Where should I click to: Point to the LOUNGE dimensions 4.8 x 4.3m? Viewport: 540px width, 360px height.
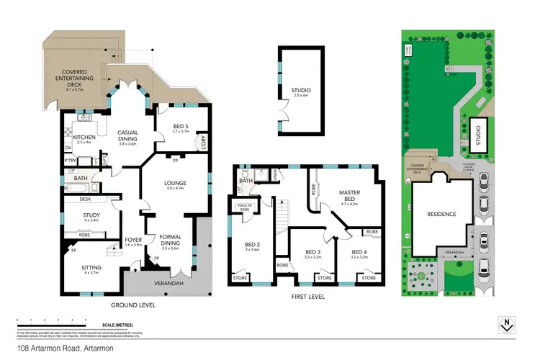point(176,188)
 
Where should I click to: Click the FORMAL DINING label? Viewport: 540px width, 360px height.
point(170,239)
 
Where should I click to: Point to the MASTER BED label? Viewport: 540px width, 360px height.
point(349,195)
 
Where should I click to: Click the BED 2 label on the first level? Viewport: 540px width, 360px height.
point(251,246)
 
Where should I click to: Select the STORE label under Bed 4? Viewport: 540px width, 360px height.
point(369,278)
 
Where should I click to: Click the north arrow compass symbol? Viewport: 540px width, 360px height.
point(507,325)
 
